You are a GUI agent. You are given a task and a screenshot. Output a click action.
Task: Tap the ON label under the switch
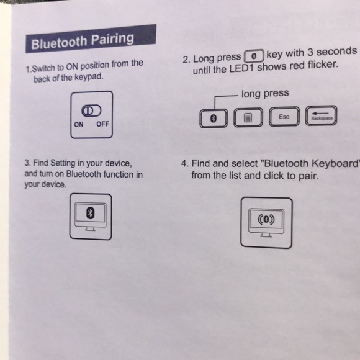79,124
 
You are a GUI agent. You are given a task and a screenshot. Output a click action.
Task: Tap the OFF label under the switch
102,124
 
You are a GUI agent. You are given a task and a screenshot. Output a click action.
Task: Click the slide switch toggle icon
91,110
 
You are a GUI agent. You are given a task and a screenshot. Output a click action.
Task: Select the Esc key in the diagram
284,117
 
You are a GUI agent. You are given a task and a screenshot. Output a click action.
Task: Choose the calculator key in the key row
248,117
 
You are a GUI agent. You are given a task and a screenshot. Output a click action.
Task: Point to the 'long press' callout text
265,94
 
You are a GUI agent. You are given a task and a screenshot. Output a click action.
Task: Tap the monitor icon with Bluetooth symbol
91,215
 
